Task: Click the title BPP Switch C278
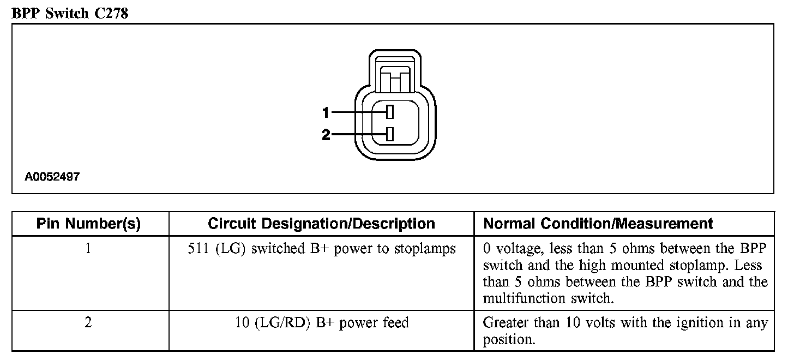(x=70, y=13)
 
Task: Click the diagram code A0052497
(x=52, y=177)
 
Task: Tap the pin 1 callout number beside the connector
(x=326, y=113)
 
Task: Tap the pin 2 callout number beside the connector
(x=326, y=135)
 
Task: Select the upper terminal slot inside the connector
(x=389, y=112)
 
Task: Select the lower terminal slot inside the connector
(x=389, y=134)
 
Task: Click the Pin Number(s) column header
(x=88, y=224)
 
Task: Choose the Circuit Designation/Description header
(x=321, y=224)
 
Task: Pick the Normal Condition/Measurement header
(x=598, y=224)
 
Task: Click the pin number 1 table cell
(x=88, y=249)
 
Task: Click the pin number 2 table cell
(x=88, y=323)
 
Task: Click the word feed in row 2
(x=394, y=323)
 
